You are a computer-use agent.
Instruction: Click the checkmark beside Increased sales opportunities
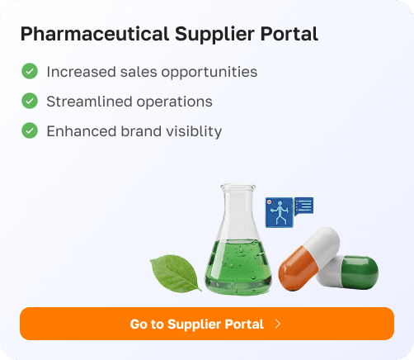(x=30, y=72)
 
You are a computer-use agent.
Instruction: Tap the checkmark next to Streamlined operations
(x=30, y=102)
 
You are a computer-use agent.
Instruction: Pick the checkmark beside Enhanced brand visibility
(x=30, y=130)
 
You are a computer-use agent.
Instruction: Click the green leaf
(x=175, y=272)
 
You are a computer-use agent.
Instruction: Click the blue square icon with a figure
(x=279, y=212)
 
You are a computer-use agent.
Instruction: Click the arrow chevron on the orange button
(x=278, y=324)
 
